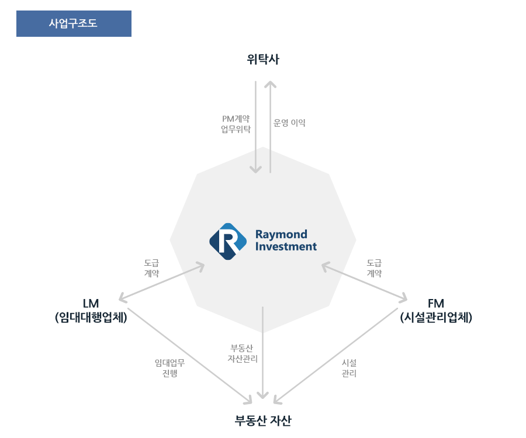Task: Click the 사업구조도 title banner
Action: pyautogui.click(x=74, y=23)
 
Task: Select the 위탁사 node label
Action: pyautogui.click(x=263, y=60)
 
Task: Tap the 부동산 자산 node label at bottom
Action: pyautogui.click(x=263, y=420)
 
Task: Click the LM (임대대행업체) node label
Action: pyautogui.click(x=91, y=310)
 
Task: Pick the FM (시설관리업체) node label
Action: pyautogui.click(x=436, y=310)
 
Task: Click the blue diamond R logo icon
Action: pyautogui.click(x=228, y=241)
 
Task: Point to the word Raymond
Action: pyautogui.click(x=281, y=235)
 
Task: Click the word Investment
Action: pyautogui.click(x=286, y=246)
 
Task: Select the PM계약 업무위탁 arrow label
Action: pyautogui.click(x=236, y=124)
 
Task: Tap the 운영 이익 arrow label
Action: pyautogui.click(x=289, y=123)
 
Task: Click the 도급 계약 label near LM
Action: pyautogui.click(x=151, y=268)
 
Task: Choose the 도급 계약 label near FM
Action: pyautogui.click(x=375, y=268)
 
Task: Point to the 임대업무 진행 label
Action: pyautogui.click(x=169, y=368)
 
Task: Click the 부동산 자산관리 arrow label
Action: pyautogui.click(x=243, y=353)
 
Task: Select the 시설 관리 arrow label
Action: pyautogui.click(x=349, y=368)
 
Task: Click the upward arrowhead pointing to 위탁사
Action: pyautogui.click(x=271, y=84)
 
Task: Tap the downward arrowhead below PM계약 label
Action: pyautogui.click(x=255, y=169)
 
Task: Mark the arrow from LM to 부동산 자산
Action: pyautogui.click(x=190, y=356)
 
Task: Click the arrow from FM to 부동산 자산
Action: pyautogui.click(x=336, y=356)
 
